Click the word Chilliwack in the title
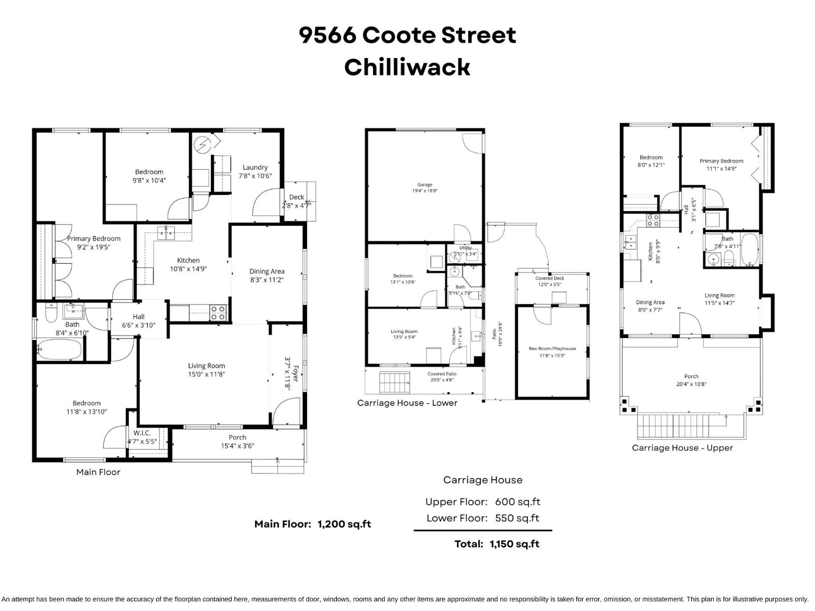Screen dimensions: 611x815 pyautogui.click(x=407, y=67)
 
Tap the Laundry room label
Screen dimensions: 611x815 pyautogui.click(x=255, y=168)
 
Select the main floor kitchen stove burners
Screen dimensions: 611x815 pyautogui.click(x=218, y=313)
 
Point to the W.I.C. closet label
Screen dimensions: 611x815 pyautogui.click(x=142, y=433)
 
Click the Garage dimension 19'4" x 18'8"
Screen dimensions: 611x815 pyautogui.click(x=425, y=191)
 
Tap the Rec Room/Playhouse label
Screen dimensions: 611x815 pyautogui.click(x=552, y=349)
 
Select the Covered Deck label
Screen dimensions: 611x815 pyautogui.click(x=550, y=279)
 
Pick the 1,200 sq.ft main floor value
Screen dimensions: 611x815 pyautogui.click(x=344, y=524)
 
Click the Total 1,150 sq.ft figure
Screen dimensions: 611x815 pyautogui.click(x=514, y=544)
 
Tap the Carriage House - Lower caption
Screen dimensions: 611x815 pyautogui.click(x=407, y=403)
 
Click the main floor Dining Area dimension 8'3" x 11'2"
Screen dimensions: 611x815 pyautogui.click(x=267, y=280)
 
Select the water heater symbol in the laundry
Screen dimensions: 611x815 pyautogui.click(x=202, y=145)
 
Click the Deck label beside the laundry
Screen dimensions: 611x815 pyautogui.click(x=296, y=197)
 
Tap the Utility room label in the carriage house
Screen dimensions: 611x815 pyautogui.click(x=465, y=248)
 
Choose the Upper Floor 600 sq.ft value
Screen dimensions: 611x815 pyautogui.click(x=518, y=502)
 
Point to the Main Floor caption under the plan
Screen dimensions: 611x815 pyautogui.click(x=98, y=472)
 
